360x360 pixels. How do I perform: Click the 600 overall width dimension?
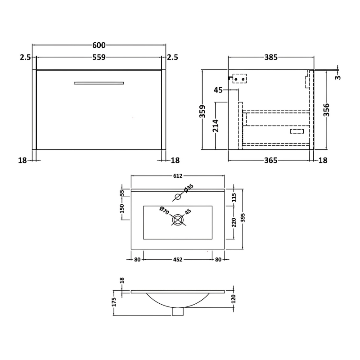(99, 45)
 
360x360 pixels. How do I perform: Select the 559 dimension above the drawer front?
(99, 57)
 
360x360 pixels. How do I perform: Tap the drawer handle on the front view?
(99, 83)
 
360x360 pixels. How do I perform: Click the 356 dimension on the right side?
(327, 110)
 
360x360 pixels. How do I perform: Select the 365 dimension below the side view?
(270, 160)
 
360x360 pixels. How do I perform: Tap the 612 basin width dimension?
(178, 176)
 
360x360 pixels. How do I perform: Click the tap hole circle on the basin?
(178, 196)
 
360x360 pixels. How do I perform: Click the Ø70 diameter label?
(164, 211)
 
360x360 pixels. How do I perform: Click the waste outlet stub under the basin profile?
(178, 311)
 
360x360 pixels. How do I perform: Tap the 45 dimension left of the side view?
(219, 90)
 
